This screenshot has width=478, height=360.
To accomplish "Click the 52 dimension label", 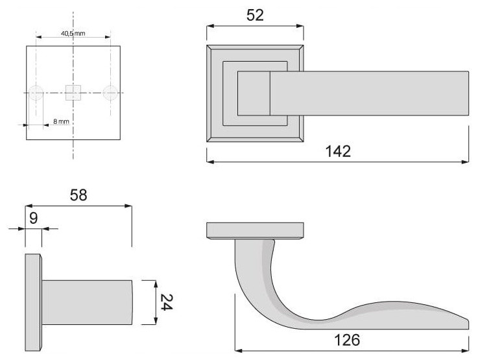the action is (x=255, y=15).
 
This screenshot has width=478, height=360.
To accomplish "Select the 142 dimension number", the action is (x=338, y=151).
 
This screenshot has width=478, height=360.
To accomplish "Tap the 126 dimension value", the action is (x=347, y=340).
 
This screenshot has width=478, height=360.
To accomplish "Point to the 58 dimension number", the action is (x=78, y=195).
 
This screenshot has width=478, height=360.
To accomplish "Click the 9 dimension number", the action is (x=33, y=218).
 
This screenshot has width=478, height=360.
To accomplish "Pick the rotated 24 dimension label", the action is (x=166, y=302).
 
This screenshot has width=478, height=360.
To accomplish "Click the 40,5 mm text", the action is (x=73, y=33).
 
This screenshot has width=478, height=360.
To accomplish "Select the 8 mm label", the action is (x=61, y=121).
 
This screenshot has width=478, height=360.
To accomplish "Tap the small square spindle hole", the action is (x=73, y=93).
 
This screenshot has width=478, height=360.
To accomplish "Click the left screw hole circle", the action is (x=36, y=93).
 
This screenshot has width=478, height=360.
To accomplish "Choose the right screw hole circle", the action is (x=110, y=93).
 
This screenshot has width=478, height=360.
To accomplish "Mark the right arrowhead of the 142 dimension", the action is (x=465, y=162).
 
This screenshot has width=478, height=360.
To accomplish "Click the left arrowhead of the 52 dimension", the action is (x=210, y=26).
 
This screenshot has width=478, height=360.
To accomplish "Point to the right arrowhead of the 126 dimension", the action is (x=465, y=350).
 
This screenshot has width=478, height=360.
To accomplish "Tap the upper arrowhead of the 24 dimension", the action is (x=156, y=284).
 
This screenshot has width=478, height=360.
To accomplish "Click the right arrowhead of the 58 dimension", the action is (x=128, y=206).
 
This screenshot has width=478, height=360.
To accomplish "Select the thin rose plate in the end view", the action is (x=33, y=302).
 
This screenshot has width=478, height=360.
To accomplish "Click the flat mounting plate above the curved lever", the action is (x=255, y=231).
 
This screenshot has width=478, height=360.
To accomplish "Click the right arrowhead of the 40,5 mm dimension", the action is (x=108, y=37).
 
